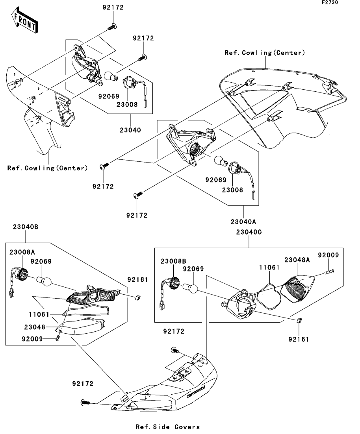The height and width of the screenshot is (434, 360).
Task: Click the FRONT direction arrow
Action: pyautogui.click(x=24, y=20)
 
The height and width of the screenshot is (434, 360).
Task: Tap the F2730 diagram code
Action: pyautogui.click(x=330, y=2)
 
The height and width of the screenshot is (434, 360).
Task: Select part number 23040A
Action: pyautogui.click(x=243, y=222)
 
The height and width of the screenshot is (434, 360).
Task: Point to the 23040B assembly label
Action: pyautogui.click(x=26, y=227)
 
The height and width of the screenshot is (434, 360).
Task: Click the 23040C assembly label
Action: pyautogui.click(x=249, y=232)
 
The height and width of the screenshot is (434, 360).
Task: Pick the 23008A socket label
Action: pyautogui.click(x=22, y=252)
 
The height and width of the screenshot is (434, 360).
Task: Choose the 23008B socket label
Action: pyautogui.click(x=173, y=261)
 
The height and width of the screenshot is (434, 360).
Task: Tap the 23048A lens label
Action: pyautogui.click(x=297, y=260)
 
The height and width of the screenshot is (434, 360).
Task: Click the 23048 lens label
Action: pyautogui.click(x=35, y=327)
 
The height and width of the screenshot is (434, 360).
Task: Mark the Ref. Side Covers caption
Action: pyautogui.click(x=168, y=427)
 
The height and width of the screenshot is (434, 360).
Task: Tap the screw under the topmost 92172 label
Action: pyautogui.click(x=111, y=27)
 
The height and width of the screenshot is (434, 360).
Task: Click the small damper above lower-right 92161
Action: pyautogui.click(x=299, y=321)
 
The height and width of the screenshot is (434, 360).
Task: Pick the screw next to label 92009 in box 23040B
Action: pyautogui.click(x=58, y=338)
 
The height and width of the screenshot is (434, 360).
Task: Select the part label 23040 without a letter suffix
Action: pyautogui.click(x=130, y=130)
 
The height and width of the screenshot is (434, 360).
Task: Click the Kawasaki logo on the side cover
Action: pyautogui.click(x=196, y=392)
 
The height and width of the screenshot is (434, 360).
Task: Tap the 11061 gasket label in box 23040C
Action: pyautogui.click(x=269, y=268)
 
